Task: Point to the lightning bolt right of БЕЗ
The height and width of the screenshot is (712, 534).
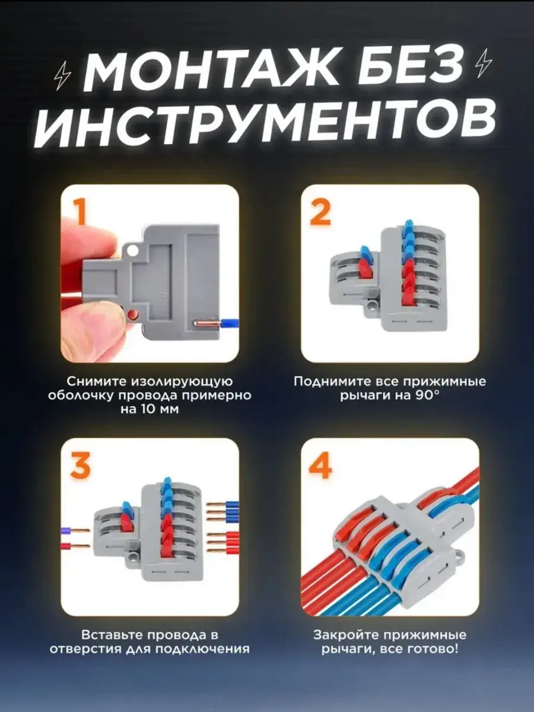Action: coord(484,64)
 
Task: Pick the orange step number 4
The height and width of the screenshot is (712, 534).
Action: coord(320,466)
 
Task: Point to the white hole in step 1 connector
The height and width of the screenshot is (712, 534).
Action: coord(132,250)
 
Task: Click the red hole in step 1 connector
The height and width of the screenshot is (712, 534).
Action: coord(132,314)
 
